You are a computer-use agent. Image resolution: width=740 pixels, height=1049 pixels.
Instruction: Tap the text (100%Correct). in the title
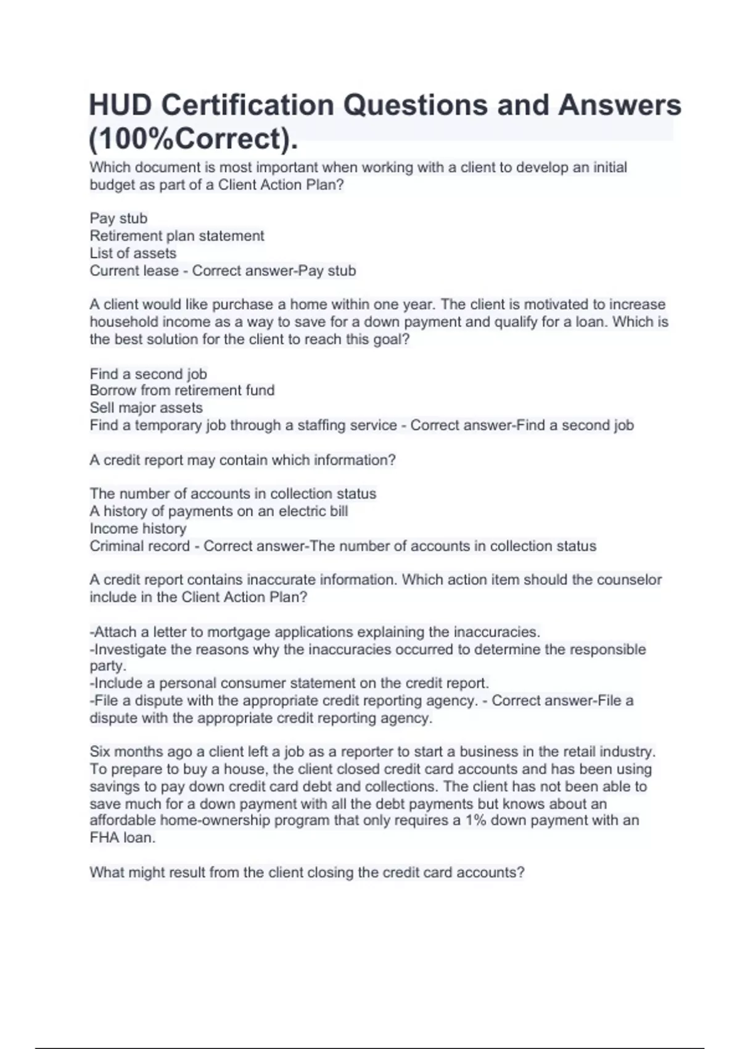[193, 138]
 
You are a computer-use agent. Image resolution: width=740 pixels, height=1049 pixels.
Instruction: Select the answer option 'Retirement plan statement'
[176, 236]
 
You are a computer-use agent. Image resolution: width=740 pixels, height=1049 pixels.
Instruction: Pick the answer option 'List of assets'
[133, 253]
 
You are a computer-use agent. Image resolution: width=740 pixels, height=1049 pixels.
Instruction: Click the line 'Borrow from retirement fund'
[182, 390]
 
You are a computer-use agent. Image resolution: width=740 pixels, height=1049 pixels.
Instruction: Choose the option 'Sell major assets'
[146, 407]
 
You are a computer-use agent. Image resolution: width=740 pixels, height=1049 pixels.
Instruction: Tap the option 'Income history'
[138, 528]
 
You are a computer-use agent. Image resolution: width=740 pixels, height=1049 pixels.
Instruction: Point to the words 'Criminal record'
[139, 546]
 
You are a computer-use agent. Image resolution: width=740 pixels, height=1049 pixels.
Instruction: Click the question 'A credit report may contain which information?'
[242, 460]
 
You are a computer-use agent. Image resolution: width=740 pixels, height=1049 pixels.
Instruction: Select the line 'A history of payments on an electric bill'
[218, 511]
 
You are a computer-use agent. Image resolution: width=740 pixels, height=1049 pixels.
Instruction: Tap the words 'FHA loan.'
[122, 837]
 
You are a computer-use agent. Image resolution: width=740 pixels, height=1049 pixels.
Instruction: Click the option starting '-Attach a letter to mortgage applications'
[314, 632]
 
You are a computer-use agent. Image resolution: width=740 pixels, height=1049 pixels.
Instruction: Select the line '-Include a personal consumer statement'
[289, 683]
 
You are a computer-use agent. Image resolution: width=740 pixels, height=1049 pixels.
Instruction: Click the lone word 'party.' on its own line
[107, 666]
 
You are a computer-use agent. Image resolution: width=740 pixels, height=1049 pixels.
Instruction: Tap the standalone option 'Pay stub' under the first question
[118, 218]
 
